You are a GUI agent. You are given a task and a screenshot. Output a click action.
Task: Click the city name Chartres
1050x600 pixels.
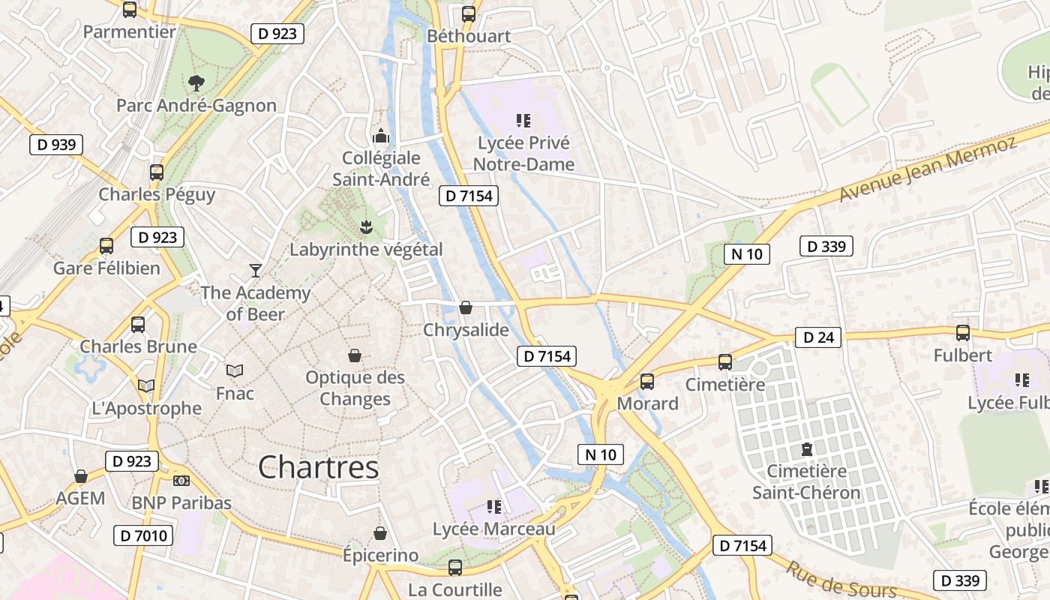pyautogui.click(x=318, y=468)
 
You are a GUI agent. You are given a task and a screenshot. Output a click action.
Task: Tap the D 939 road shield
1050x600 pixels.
pyautogui.click(x=56, y=145)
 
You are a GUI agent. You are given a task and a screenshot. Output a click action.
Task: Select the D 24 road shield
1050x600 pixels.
pyautogui.click(x=818, y=337)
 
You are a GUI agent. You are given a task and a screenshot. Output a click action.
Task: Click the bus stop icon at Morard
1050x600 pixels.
pyautogui.click(x=646, y=382)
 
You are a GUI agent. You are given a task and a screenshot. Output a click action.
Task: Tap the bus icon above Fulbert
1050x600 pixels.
pyautogui.click(x=963, y=332)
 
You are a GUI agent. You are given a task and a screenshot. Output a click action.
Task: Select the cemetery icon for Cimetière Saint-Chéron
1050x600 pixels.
pyautogui.click(x=806, y=449)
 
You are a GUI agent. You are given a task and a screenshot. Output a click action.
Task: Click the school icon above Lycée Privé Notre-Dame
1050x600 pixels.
pyautogui.click(x=523, y=120)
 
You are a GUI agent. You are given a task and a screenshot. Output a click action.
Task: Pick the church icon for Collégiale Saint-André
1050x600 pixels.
pyautogui.click(x=381, y=136)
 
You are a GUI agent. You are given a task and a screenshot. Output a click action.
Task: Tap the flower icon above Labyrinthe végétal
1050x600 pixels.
pyautogui.click(x=366, y=226)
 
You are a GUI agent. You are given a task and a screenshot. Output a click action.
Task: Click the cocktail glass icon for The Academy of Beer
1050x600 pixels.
pyautogui.click(x=256, y=270)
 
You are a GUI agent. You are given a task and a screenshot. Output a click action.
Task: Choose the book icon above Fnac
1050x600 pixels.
pyautogui.click(x=235, y=370)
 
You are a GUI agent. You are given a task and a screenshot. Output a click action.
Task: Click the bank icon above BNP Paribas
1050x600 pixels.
pyautogui.click(x=181, y=481)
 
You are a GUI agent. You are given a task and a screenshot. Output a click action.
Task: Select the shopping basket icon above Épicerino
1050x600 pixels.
pyautogui.click(x=380, y=533)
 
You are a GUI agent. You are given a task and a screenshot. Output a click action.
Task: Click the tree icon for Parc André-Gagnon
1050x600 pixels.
pyautogui.click(x=196, y=82)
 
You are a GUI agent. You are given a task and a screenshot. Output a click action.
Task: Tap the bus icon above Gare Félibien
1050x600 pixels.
pyautogui.click(x=106, y=245)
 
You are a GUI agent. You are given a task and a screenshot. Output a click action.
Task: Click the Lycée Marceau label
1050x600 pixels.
pyautogui.click(x=494, y=529)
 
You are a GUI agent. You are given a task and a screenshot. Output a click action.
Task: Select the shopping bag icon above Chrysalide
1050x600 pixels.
pyautogui.click(x=466, y=307)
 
